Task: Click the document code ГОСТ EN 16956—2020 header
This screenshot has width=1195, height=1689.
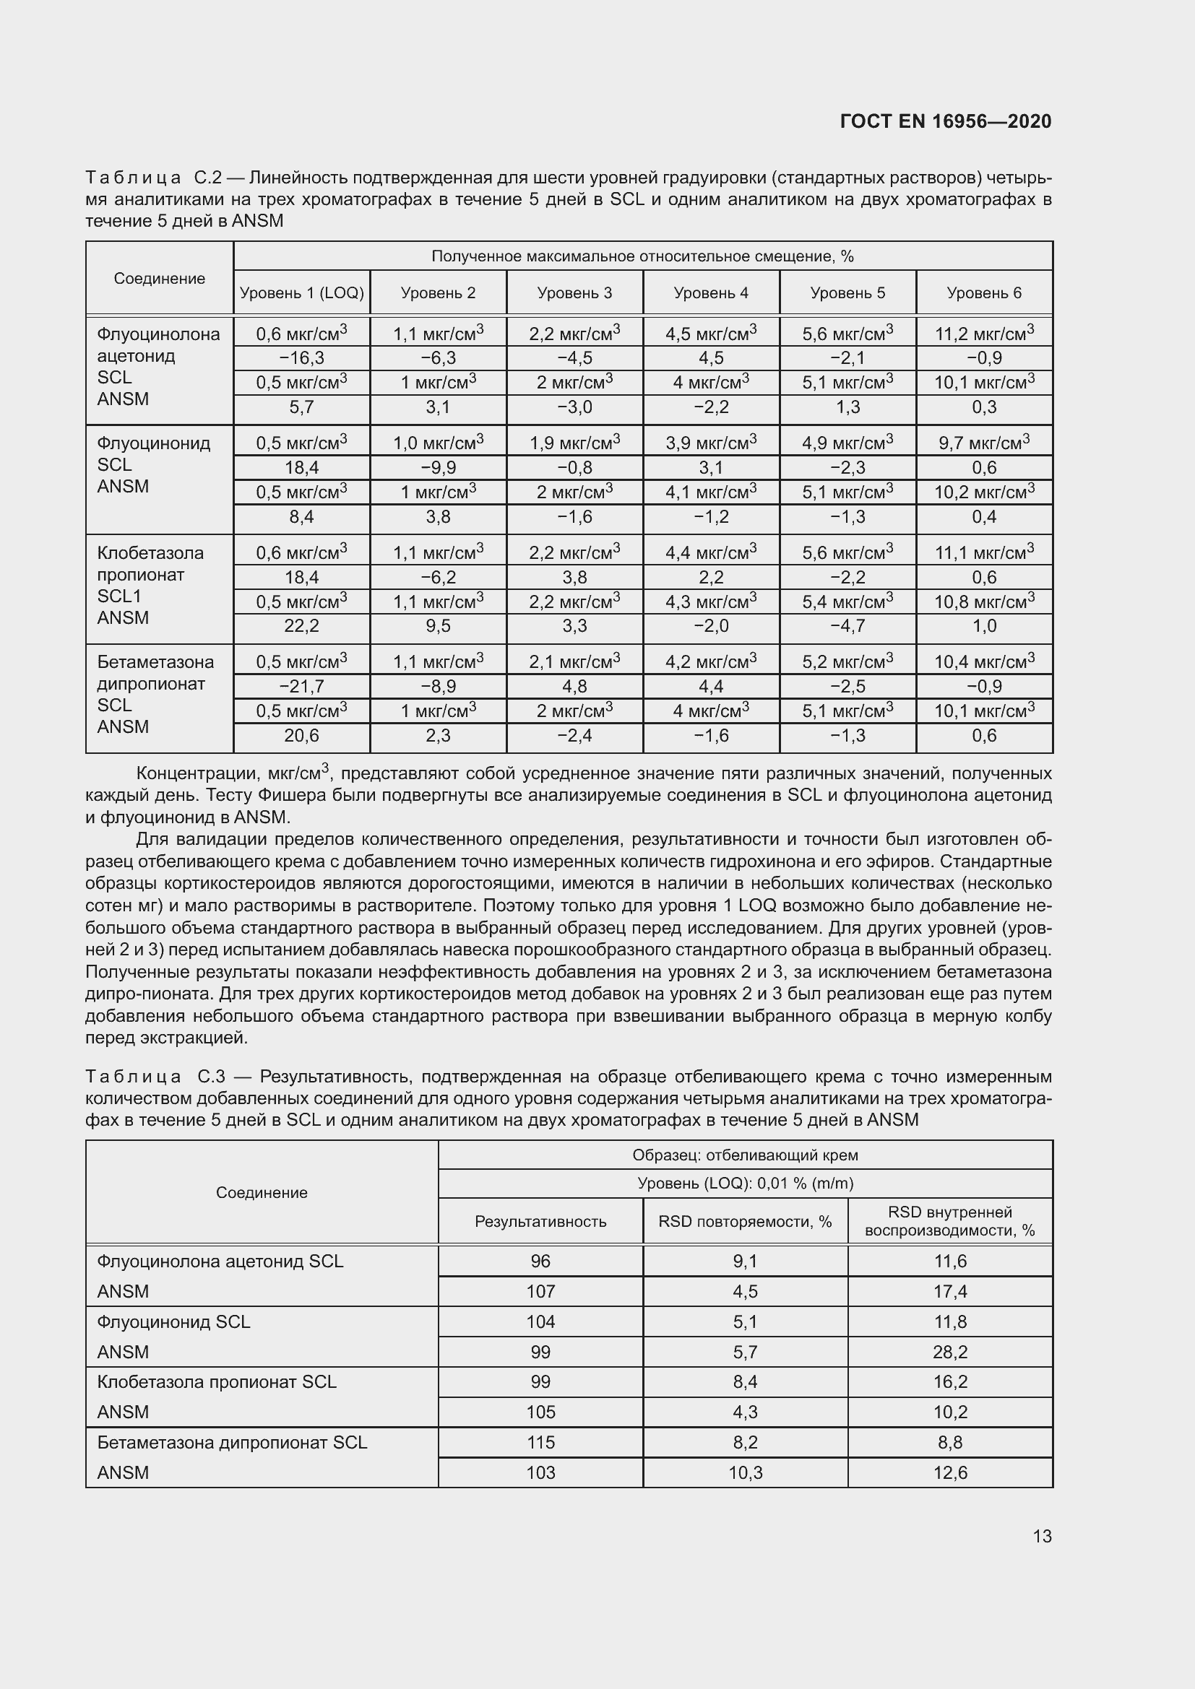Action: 945,121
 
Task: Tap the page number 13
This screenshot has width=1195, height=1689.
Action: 1041,1536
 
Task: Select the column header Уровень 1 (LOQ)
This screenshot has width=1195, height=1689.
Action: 302,292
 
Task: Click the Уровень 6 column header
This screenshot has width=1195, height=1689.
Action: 984,292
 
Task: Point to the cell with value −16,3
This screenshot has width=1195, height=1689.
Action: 302,358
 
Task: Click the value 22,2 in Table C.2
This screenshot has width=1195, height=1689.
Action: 302,626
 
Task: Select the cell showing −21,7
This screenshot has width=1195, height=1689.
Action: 302,686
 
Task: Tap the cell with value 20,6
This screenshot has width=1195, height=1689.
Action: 302,736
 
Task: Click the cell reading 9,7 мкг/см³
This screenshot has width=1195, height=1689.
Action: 984,443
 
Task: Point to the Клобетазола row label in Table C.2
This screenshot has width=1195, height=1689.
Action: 150,553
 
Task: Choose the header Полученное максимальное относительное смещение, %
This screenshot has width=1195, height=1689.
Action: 642,256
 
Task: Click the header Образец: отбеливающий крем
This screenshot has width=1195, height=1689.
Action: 745,1155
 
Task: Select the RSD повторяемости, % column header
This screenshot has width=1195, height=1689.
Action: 745,1221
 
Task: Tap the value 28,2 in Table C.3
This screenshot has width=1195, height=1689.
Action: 950,1352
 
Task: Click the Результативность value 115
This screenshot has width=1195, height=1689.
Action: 540,1443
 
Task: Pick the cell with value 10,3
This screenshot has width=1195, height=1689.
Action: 745,1472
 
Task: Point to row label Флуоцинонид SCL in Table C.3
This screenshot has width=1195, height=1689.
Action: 173,1322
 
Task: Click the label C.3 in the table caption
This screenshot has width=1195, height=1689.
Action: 210,1077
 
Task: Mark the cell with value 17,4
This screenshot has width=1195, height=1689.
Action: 950,1292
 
